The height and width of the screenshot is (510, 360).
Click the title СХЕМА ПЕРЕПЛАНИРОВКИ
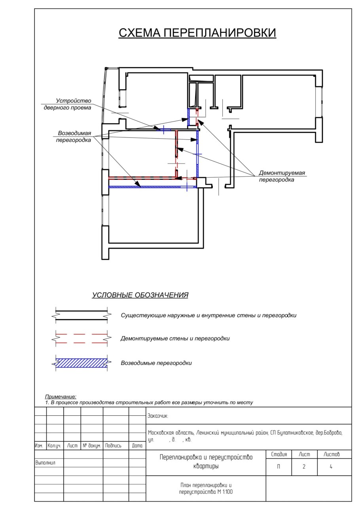click(x=197, y=33)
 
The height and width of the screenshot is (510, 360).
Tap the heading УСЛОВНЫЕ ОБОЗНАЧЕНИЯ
click(x=140, y=295)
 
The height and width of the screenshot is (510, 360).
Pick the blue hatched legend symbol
click(x=81, y=363)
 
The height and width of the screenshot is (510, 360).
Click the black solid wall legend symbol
click(x=81, y=315)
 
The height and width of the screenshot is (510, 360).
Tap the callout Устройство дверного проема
click(x=68, y=104)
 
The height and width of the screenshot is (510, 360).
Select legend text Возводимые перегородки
click(x=156, y=363)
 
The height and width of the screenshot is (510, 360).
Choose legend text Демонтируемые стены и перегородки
click(x=175, y=339)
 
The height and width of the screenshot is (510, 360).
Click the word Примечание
click(x=61, y=397)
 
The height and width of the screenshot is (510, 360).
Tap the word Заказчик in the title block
click(x=157, y=416)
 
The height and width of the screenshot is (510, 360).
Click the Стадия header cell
click(x=279, y=454)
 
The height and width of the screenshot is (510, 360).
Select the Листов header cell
click(x=331, y=454)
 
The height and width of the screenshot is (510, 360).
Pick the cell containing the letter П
click(x=279, y=467)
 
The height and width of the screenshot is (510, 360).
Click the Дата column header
click(x=137, y=446)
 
